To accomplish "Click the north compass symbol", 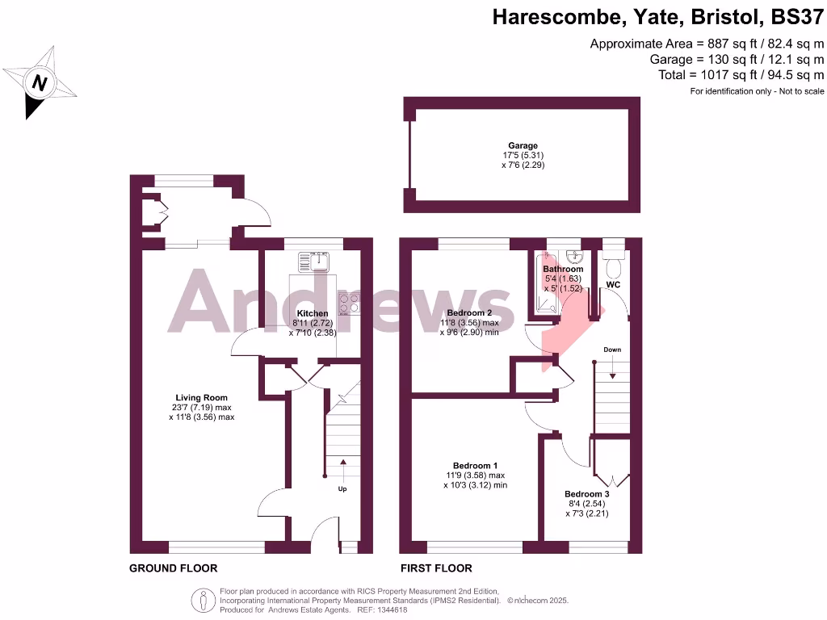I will click(x=38, y=82).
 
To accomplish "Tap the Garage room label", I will click(x=523, y=146).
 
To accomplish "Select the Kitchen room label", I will click(x=313, y=313).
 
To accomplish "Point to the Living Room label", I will click(x=202, y=398).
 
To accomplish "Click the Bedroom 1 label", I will click(x=475, y=466).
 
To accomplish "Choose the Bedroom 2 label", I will click(x=469, y=313).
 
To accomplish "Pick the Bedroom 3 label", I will click(x=586, y=494).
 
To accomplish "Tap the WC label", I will click(x=615, y=285).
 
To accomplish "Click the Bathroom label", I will click(x=563, y=269).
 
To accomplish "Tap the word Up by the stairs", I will click(x=342, y=488).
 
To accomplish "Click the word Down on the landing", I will click(x=612, y=350).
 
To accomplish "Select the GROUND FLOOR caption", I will click(x=174, y=568).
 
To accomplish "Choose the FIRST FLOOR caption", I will click(x=436, y=568).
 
